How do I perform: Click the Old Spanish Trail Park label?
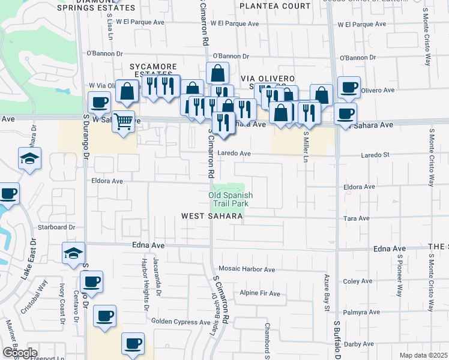click(x=231, y=199)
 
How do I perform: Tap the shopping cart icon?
click(x=123, y=122)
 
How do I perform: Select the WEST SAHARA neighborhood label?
click(x=209, y=216)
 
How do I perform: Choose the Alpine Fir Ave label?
click(x=260, y=293)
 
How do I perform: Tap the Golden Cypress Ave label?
click(x=180, y=322)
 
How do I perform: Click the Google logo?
click(x=19, y=353)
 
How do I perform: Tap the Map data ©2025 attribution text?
click(x=423, y=355)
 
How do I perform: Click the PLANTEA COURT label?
click(x=275, y=6)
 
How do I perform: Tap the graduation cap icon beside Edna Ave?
click(x=73, y=253)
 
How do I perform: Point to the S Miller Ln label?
click(x=305, y=147)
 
